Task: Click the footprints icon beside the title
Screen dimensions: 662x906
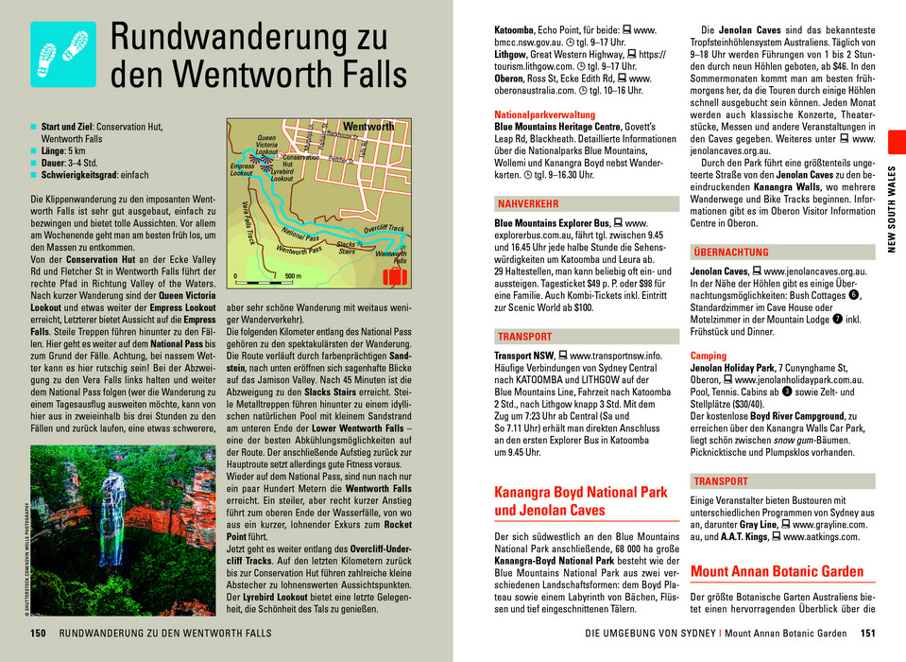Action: click(62, 54)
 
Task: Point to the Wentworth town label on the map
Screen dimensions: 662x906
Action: click(368, 127)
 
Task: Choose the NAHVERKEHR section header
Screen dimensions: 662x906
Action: click(527, 204)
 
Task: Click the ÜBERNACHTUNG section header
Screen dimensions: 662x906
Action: click(730, 253)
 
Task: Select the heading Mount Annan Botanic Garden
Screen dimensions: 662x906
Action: click(777, 571)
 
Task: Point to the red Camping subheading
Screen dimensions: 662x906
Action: click(709, 356)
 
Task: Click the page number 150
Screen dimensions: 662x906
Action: click(38, 634)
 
